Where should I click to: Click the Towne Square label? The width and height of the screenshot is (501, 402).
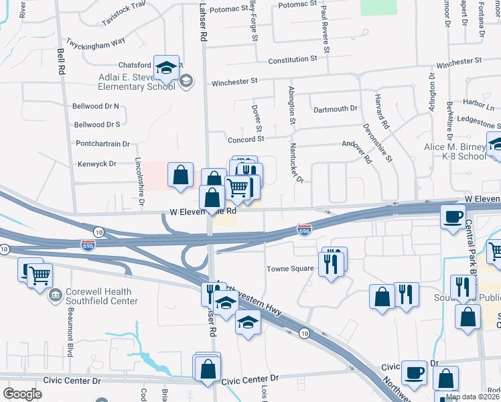click(291, 268)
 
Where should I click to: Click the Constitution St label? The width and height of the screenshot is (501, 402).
click(292, 60)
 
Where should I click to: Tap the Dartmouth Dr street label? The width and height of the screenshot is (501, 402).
click(335, 109)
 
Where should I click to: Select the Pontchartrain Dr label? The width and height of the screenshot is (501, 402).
click(102, 143)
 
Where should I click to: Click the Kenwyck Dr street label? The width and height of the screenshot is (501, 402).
click(96, 163)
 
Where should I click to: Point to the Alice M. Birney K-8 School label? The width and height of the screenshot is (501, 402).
click(455, 151)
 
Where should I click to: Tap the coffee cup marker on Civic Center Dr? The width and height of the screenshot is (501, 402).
click(413, 372)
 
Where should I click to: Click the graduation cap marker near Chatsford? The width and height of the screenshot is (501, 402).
click(166, 68)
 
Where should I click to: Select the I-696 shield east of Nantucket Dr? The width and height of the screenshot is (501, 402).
click(304, 230)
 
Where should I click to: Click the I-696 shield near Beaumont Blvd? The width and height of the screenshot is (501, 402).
click(87, 245)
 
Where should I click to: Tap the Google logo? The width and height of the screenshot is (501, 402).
click(23, 394)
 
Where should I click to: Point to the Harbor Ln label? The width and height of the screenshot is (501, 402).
click(478, 106)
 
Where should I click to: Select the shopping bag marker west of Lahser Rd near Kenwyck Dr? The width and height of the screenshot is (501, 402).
click(180, 176)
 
